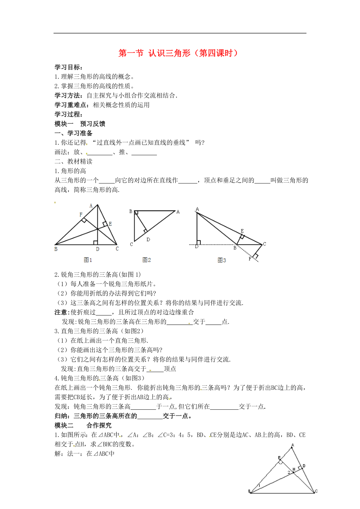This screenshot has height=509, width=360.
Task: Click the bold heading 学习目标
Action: (68, 68)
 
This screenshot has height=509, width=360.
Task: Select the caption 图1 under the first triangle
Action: (88, 260)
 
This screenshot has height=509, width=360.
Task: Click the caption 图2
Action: (147, 260)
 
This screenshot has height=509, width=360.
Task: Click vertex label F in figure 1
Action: (81, 215)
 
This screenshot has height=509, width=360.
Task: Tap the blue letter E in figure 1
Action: (110, 224)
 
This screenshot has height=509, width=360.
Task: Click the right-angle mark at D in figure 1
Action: (95, 242)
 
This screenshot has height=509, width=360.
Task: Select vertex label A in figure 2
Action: (178, 212)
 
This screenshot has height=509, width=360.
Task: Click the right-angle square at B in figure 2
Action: (136, 213)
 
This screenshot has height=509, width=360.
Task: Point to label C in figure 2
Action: (131, 244)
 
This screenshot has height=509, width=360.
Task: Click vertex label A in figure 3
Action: (197, 209)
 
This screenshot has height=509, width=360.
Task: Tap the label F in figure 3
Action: (250, 258)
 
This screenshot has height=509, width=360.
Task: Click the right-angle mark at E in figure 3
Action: (242, 237)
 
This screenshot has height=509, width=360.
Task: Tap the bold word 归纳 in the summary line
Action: (61, 416)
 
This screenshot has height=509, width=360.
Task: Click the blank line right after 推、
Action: (144, 152)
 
